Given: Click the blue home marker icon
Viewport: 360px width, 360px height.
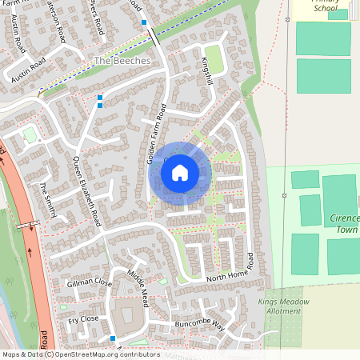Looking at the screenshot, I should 180,172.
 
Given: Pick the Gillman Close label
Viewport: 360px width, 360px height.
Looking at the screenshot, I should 90,282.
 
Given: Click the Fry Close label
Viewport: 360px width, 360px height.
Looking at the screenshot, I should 83,320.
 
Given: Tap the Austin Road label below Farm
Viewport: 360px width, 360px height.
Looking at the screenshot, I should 25,68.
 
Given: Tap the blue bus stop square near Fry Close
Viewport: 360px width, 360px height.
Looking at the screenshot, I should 113,339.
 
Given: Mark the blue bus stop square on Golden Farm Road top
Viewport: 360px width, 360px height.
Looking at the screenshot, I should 144,22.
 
